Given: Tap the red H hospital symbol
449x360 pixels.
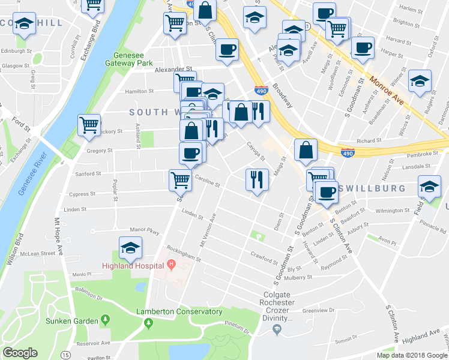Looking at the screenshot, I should [172, 264].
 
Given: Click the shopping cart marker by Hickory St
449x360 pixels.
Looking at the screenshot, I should [89, 125].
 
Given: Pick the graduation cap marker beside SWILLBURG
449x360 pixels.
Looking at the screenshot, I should [429, 187].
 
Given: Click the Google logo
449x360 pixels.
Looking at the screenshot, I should [20, 353].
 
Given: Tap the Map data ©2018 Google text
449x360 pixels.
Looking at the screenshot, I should [412, 355].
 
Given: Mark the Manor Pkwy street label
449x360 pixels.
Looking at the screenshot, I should [145, 230].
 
